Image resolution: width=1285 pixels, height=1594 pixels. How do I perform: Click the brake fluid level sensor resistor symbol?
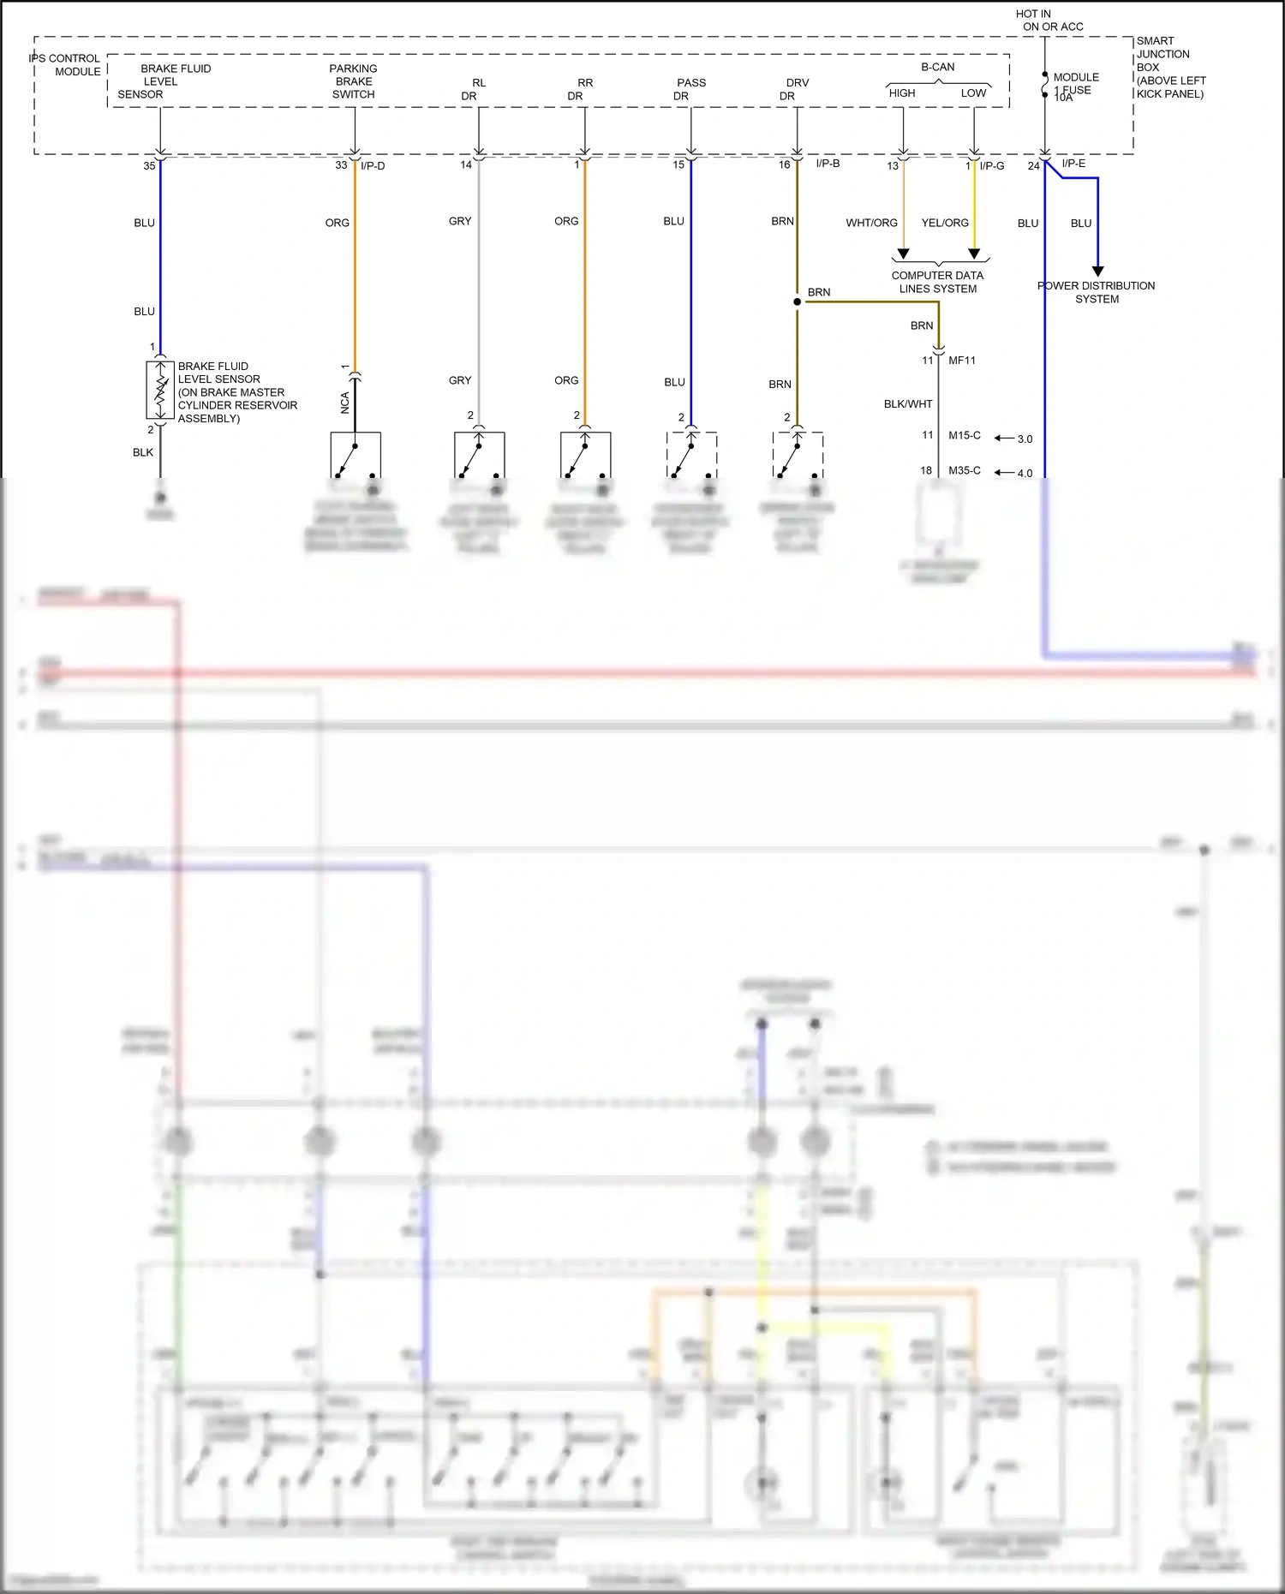[x=160, y=390]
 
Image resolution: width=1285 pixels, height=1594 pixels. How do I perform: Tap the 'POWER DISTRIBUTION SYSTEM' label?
[x=1097, y=292]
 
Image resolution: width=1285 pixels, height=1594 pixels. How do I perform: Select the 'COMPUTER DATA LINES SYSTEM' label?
[x=937, y=282]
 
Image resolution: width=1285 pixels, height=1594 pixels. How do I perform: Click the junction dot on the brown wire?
[x=798, y=301]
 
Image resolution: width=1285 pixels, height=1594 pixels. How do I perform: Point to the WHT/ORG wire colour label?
[x=871, y=223]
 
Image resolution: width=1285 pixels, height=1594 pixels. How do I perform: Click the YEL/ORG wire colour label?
[x=945, y=223]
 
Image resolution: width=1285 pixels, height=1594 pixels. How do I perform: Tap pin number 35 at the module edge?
[x=150, y=165]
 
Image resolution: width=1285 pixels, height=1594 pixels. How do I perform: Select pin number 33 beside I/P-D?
[x=341, y=165]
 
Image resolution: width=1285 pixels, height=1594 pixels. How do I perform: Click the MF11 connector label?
[x=962, y=361]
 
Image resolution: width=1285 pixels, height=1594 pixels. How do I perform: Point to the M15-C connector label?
[x=965, y=435]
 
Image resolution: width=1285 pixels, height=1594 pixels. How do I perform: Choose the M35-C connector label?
[x=965, y=470]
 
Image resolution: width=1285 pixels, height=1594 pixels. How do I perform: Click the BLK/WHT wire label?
[x=908, y=404]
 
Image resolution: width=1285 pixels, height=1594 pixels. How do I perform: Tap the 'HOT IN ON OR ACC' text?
[x=1049, y=21]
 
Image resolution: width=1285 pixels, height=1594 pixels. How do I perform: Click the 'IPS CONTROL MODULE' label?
[x=66, y=65]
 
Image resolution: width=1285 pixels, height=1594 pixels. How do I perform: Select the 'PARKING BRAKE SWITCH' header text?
[x=354, y=81]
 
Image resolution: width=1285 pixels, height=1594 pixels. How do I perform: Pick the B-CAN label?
[x=938, y=67]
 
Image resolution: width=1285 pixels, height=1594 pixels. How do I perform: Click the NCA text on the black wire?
[x=345, y=403]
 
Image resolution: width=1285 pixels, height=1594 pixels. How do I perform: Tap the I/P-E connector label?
[x=1073, y=164]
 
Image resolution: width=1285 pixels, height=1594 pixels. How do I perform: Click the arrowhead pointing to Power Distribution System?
[x=1098, y=272]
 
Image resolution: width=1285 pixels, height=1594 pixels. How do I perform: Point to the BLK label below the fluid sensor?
[x=143, y=452]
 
